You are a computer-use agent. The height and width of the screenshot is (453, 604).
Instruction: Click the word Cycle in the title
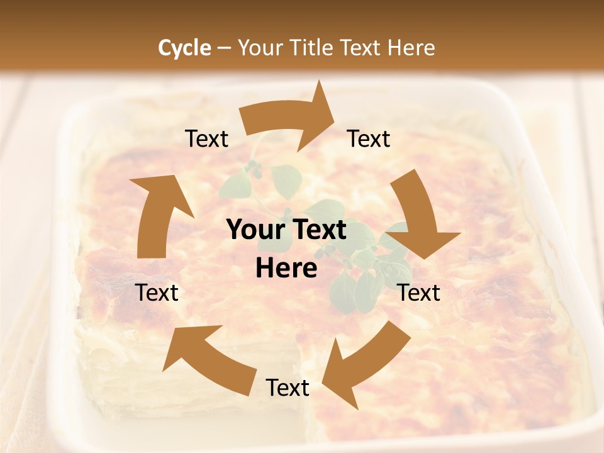(184, 48)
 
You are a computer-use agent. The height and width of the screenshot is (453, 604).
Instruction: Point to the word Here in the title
(408, 48)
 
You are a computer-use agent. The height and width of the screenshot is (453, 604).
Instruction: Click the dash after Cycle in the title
(224, 48)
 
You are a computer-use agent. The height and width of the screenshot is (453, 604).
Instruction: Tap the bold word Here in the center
(286, 269)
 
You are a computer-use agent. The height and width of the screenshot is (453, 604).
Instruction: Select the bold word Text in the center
(319, 230)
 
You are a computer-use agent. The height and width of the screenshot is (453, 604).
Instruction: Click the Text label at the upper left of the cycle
(206, 139)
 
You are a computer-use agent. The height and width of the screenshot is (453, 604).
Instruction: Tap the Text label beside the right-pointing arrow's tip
(369, 139)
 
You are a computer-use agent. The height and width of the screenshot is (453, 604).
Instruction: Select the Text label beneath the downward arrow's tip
(419, 293)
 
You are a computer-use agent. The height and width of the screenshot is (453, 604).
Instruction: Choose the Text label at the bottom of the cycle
(287, 388)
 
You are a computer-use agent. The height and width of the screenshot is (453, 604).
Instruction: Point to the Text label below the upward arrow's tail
(157, 293)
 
